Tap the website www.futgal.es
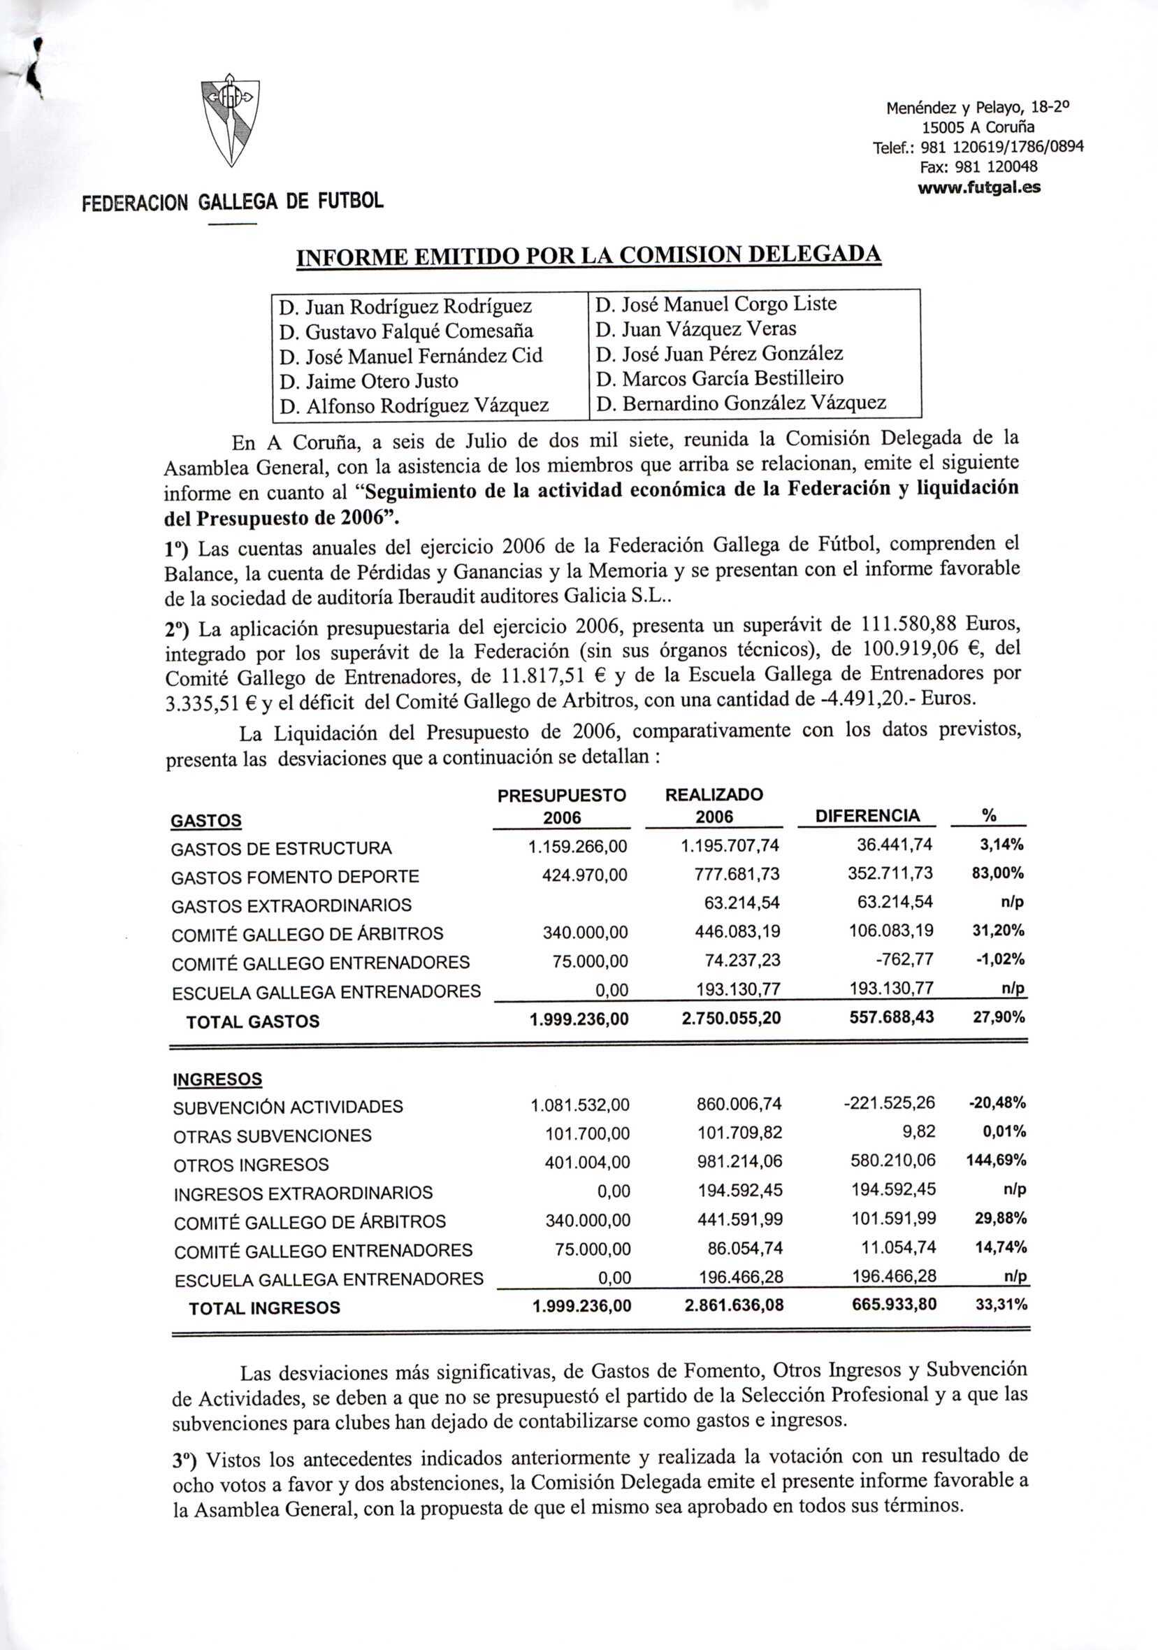[979, 187]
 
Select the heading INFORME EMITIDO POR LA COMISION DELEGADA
[589, 257]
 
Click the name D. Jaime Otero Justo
[368, 381]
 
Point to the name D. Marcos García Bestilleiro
[721, 378]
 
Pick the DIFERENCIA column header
[867, 816]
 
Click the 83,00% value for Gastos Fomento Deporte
[997, 873]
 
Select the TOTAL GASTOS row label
[253, 1021]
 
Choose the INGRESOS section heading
[217, 1079]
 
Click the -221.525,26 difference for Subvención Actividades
[890, 1103]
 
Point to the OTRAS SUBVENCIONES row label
[273, 1136]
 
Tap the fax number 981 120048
[979, 167]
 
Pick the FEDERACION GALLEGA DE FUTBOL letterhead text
[233, 201]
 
